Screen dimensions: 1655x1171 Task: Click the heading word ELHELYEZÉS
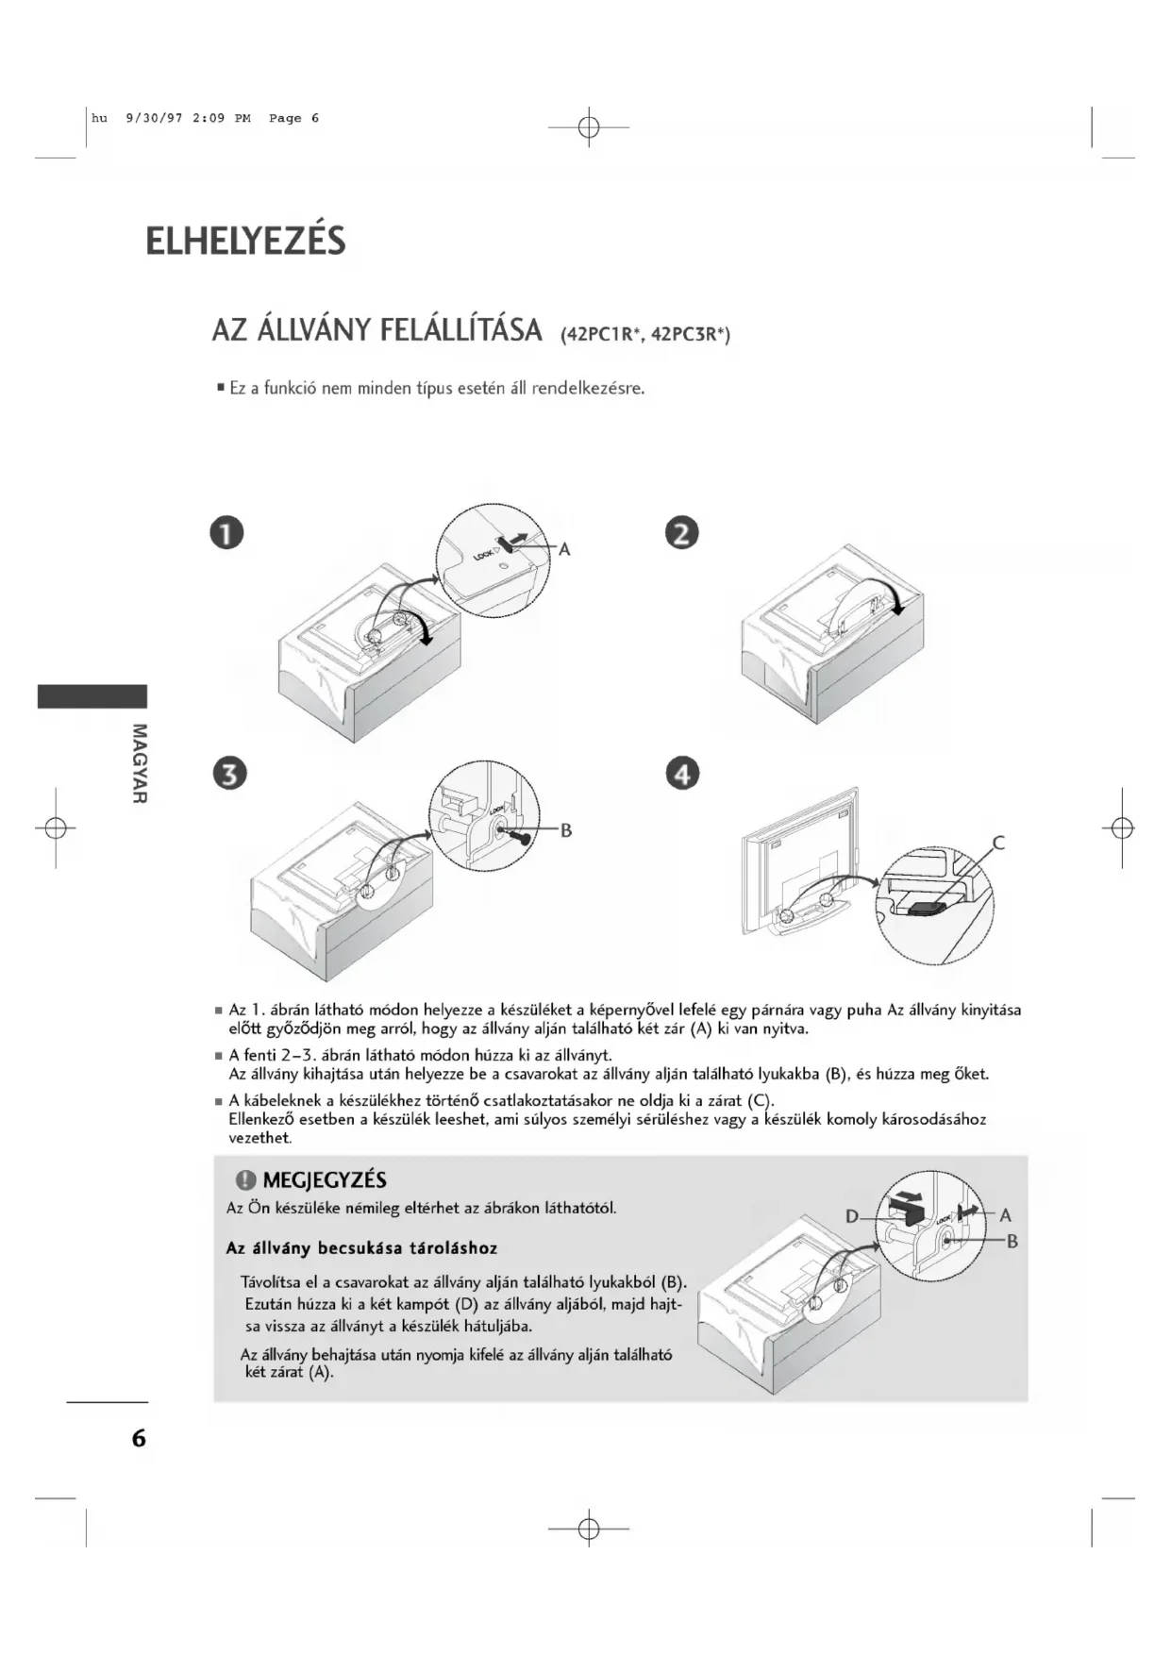coord(245,242)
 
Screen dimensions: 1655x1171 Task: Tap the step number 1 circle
coord(227,533)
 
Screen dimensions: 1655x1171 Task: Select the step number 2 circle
coord(682,533)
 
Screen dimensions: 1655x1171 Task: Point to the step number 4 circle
coord(683,774)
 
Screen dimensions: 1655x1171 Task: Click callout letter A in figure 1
coord(564,549)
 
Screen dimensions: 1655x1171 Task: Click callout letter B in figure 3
coord(566,830)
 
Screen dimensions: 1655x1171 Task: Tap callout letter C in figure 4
coord(999,843)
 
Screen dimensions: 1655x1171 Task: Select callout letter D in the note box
coord(851,1216)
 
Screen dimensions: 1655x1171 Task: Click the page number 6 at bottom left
coord(139,1438)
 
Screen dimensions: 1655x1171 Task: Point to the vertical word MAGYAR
coord(140,763)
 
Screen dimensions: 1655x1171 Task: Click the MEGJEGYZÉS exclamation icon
coord(246,1180)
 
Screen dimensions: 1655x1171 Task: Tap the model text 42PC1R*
coord(602,335)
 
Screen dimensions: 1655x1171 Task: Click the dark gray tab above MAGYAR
coord(92,696)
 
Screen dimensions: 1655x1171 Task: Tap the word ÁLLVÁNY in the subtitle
coord(316,331)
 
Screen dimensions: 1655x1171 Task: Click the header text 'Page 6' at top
coord(293,119)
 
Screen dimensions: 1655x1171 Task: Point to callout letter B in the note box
coord(1012,1241)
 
